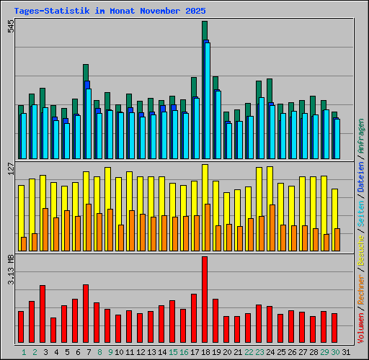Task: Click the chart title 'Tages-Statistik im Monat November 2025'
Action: click(110, 12)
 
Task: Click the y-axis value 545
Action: click(10, 26)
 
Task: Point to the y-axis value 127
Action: click(10, 168)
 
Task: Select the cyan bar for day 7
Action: click(89, 122)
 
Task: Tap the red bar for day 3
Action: click(43, 313)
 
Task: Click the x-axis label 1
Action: click(24, 352)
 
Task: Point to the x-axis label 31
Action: click(346, 352)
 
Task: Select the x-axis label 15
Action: click(173, 352)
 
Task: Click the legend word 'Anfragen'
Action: click(361, 137)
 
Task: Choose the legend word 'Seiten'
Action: click(361, 213)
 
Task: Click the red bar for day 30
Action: click(334, 328)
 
